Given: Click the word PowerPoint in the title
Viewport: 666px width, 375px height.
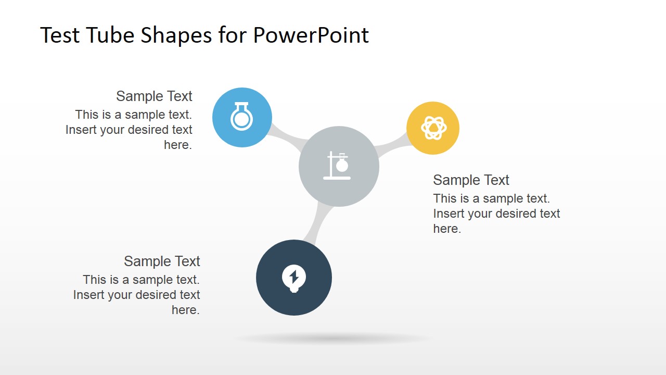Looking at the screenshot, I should click(x=311, y=35).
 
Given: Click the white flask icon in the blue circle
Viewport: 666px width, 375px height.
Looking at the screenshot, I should click(x=241, y=117).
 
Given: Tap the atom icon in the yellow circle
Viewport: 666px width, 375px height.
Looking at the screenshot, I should click(x=433, y=128).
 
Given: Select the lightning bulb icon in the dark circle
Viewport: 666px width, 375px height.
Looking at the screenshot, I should click(x=294, y=278).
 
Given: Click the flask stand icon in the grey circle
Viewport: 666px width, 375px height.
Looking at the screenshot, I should click(x=338, y=166).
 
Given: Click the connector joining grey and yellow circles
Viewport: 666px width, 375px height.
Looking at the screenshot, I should click(x=391, y=147).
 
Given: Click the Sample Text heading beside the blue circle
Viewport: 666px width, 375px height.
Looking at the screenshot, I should click(x=154, y=96).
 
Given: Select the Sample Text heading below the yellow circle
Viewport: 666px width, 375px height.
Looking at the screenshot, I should click(x=471, y=180).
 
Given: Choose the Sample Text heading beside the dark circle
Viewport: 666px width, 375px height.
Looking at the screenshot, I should click(x=162, y=261).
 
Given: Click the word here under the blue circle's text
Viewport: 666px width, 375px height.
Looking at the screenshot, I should click(x=178, y=145).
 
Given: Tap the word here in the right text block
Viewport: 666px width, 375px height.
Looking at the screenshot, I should click(x=447, y=229).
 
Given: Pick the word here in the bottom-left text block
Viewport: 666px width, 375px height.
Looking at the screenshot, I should click(x=186, y=310).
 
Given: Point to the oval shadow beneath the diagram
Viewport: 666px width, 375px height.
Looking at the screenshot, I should click(x=333, y=339).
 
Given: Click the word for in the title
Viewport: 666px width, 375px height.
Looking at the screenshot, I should click(x=233, y=35).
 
